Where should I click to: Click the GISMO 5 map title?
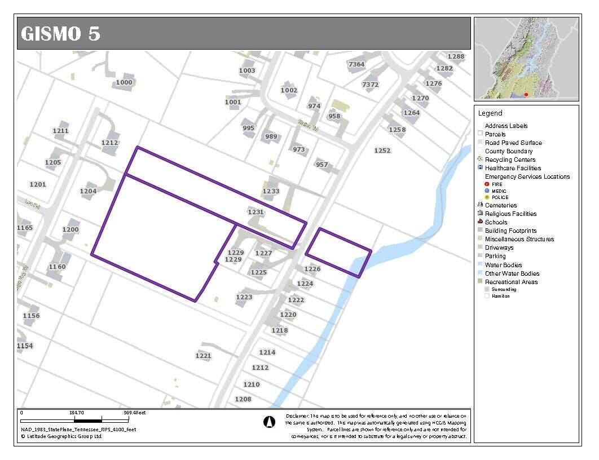[60, 33]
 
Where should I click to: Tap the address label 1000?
[124, 82]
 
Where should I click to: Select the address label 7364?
[356, 64]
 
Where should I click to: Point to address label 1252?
[382, 151]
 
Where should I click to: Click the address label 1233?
[271, 191]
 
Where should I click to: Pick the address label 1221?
[203, 356]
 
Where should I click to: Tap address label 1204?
[88, 191]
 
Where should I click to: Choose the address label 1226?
[312, 269]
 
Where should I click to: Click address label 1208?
[243, 399]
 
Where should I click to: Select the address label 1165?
[25, 228]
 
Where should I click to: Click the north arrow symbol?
[269, 421]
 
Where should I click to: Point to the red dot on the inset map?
[526, 95]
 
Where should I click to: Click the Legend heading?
[490, 113]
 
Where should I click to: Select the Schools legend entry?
[496, 222]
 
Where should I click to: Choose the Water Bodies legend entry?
[503, 265]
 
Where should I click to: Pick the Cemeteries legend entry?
[501, 205]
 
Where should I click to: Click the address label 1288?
[456, 56]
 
